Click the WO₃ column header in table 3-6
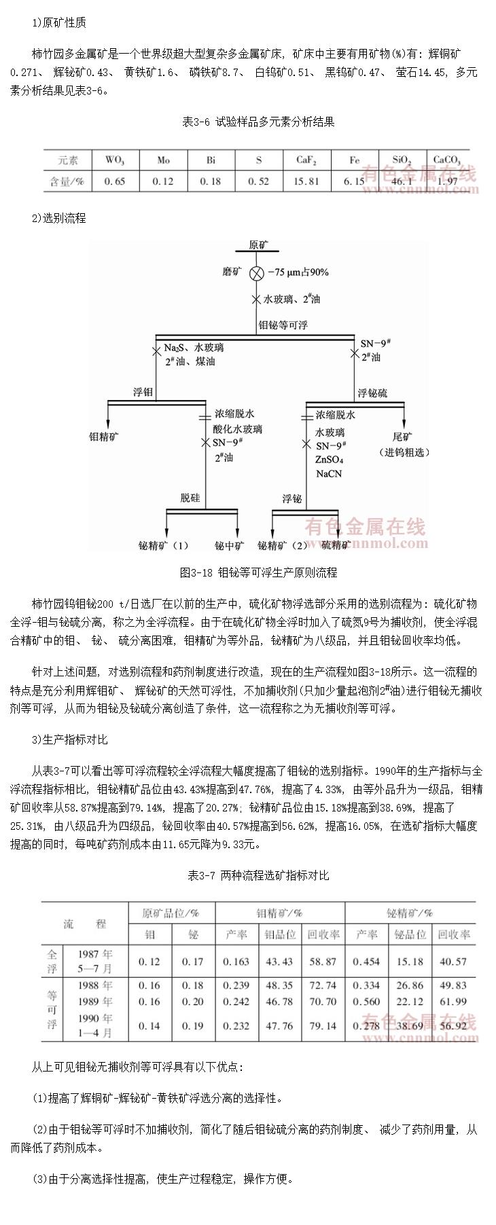tap(114, 160)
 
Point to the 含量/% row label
tap(67, 181)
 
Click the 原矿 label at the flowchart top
tap(258, 244)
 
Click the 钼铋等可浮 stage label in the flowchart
tap(283, 325)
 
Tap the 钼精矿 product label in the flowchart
tap(105, 436)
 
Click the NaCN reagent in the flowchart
tap(329, 473)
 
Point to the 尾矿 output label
tap(402, 436)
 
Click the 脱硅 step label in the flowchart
tap(190, 498)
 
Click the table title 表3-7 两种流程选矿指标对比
tap(258, 875)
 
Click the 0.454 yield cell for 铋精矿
tap(367, 962)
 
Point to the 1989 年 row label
tap(95, 1002)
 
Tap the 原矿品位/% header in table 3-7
tap(171, 913)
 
